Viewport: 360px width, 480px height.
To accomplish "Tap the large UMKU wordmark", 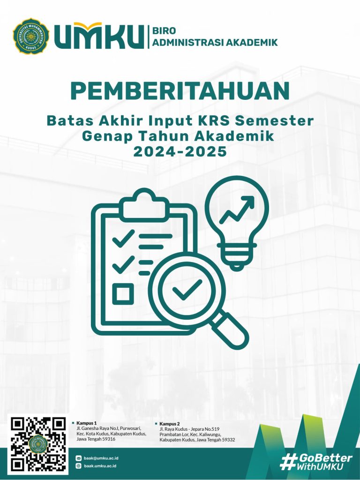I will [99, 37].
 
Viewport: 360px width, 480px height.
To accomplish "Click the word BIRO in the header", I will [164, 31].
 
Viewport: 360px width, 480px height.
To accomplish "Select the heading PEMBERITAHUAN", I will [180, 91].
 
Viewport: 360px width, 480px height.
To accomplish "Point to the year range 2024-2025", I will [180, 151].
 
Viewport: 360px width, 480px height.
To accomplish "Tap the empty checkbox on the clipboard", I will [123, 294].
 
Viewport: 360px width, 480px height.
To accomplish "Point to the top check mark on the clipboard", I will [123, 238].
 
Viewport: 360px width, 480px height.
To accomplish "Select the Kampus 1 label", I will [86, 423].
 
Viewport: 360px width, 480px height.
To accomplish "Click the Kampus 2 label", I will [169, 424].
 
